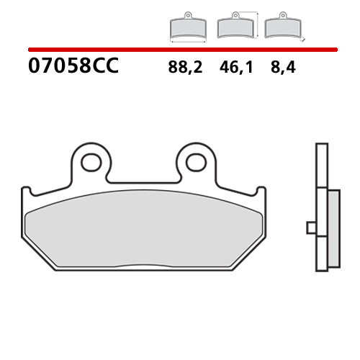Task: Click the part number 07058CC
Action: (73, 68)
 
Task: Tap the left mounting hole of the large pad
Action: (91, 162)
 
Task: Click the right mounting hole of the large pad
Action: (195, 162)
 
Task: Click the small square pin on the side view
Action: (311, 228)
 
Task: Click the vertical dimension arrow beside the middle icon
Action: (254, 24)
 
